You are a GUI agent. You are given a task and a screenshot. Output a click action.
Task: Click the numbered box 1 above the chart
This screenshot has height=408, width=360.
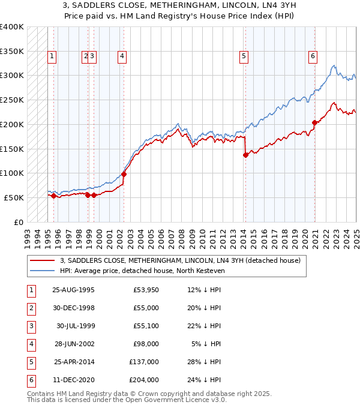52,57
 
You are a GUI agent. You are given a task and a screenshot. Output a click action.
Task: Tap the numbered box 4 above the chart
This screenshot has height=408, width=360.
122,57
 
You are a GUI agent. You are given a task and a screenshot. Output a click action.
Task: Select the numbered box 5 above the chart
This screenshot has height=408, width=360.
244,57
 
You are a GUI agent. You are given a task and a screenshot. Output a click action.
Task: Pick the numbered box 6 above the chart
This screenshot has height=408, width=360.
313,57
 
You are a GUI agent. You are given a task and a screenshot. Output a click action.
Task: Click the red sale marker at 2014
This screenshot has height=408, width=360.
245,155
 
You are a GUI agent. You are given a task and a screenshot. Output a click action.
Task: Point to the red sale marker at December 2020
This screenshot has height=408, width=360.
314,122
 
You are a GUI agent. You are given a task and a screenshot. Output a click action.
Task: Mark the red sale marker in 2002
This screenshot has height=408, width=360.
124,174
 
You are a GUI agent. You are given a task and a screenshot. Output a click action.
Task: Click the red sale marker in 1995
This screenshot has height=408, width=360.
53,196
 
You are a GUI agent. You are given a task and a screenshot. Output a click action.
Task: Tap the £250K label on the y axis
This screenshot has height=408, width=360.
12,100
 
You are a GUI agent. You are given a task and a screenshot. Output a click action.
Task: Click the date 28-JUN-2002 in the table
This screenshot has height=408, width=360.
73,344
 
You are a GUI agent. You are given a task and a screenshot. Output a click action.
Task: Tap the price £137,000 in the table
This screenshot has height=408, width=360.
144,362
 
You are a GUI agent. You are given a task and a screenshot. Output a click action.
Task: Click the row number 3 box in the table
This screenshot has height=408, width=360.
31,327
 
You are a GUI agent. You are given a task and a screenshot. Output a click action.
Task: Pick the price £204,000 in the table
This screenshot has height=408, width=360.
144,379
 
